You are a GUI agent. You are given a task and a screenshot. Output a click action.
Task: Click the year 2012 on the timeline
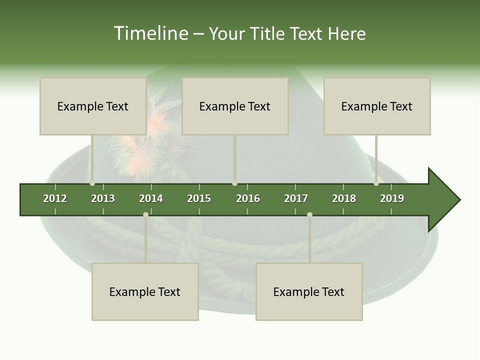pos(55,198)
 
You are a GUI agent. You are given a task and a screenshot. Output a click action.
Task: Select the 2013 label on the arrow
pos(103,198)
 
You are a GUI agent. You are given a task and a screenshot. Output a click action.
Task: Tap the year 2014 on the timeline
pos(151,198)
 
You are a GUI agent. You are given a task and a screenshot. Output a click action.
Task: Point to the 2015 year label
pos(199,198)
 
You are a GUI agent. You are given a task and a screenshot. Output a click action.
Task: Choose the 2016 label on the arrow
pos(248,198)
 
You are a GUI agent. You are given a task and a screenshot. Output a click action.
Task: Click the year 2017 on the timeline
pos(296,198)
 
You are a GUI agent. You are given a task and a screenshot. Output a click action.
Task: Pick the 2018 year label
pos(344,198)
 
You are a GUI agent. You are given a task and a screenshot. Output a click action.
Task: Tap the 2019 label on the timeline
pos(392,198)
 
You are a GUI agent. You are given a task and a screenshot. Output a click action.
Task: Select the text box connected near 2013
pos(93,106)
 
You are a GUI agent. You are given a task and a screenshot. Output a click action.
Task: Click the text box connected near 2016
pos(235,106)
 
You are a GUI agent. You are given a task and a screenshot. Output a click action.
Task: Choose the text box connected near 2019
pos(377,106)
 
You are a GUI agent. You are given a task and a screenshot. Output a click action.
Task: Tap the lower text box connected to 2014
pos(145,291)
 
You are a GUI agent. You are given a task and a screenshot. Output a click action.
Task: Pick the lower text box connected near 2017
pos(309,291)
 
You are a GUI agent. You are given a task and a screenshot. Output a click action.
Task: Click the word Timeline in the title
pos(150,33)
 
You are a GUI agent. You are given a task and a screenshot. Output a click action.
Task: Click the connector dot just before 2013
pos(92,183)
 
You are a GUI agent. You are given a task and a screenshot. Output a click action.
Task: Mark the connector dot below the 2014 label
pos(145,214)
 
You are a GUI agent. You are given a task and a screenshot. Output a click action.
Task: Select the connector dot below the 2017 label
pos(309,214)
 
